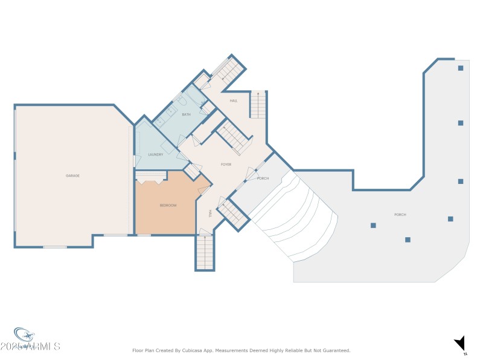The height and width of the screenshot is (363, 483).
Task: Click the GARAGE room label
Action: click(x=72, y=175)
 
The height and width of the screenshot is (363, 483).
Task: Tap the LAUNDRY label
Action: click(x=156, y=155)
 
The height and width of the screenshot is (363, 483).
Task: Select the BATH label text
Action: click(x=186, y=114)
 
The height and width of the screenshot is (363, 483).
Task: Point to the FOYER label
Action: click(x=226, y=165)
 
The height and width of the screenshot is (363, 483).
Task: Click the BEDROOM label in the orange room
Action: click(x=168, y=206)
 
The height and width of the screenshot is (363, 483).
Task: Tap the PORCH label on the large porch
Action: click(x=400, y=215)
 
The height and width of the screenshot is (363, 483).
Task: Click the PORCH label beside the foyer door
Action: click(x=263, y=178)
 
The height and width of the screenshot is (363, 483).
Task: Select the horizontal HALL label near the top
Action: click(x=233, y=100)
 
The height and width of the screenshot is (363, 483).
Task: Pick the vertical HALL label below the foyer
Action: click(x=210, y=213)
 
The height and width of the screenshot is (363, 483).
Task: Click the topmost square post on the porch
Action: click(x=460, y=68)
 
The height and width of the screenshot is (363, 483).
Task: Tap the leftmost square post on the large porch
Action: click(x=373, y=226)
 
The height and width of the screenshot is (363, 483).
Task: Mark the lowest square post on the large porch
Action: click(x=408, y=240)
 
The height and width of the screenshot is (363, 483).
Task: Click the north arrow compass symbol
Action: click(x=460, y=344)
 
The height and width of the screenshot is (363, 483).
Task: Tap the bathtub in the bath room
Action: click(x=195, y=97)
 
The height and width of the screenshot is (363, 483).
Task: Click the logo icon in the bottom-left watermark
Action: click(x=24, y=335)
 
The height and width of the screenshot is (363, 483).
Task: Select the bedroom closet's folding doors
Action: click(x=150, y=178)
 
